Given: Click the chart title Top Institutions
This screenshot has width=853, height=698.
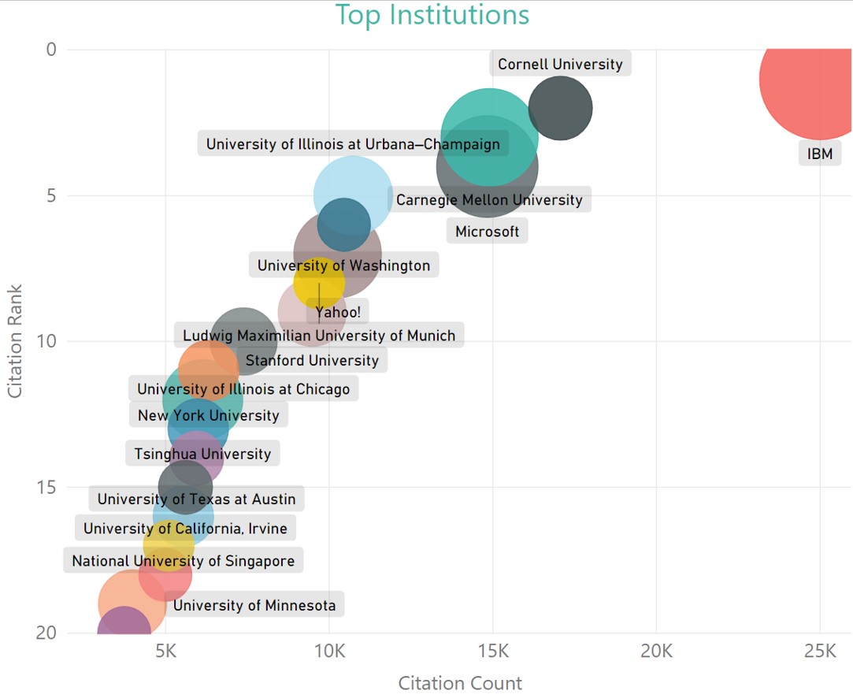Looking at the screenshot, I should [x=432, y=15].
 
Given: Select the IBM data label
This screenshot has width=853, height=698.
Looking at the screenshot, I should [x=820, y=154].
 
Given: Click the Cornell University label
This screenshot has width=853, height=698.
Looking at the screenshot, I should [x=560, y=65].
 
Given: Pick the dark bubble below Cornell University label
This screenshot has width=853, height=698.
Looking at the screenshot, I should [x=560, y=108].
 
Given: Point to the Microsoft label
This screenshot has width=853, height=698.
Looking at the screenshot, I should [x=488, y=232].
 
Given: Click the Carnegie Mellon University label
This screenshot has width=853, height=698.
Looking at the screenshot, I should [x=489, y=200].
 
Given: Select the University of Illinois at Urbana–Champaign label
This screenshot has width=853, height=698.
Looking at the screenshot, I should [x=353, y=144].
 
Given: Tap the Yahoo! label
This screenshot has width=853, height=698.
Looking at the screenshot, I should [x=339, y=312].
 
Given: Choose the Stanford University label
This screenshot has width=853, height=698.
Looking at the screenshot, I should [x=312, y=361].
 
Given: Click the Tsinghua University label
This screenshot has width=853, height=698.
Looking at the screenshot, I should [x=202, y=454].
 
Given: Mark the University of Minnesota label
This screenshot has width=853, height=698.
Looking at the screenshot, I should [x=254, y=606].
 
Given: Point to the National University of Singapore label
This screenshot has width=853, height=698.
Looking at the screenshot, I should [x=183, y=561].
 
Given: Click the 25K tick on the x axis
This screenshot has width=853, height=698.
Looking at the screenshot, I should [x=820, y=652].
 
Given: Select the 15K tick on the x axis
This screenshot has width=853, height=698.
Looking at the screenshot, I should [x=493, y=652].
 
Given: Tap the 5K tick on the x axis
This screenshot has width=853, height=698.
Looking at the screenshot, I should [x=165, y=652].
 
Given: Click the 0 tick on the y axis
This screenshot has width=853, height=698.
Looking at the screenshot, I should [x=52, y=50].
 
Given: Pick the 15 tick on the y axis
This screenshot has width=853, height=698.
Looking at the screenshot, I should [x=48, y=487].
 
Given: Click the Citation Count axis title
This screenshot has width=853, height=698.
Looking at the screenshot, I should [x=460, y=682].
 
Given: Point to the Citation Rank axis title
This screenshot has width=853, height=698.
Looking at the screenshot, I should [x=15, y=340].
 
